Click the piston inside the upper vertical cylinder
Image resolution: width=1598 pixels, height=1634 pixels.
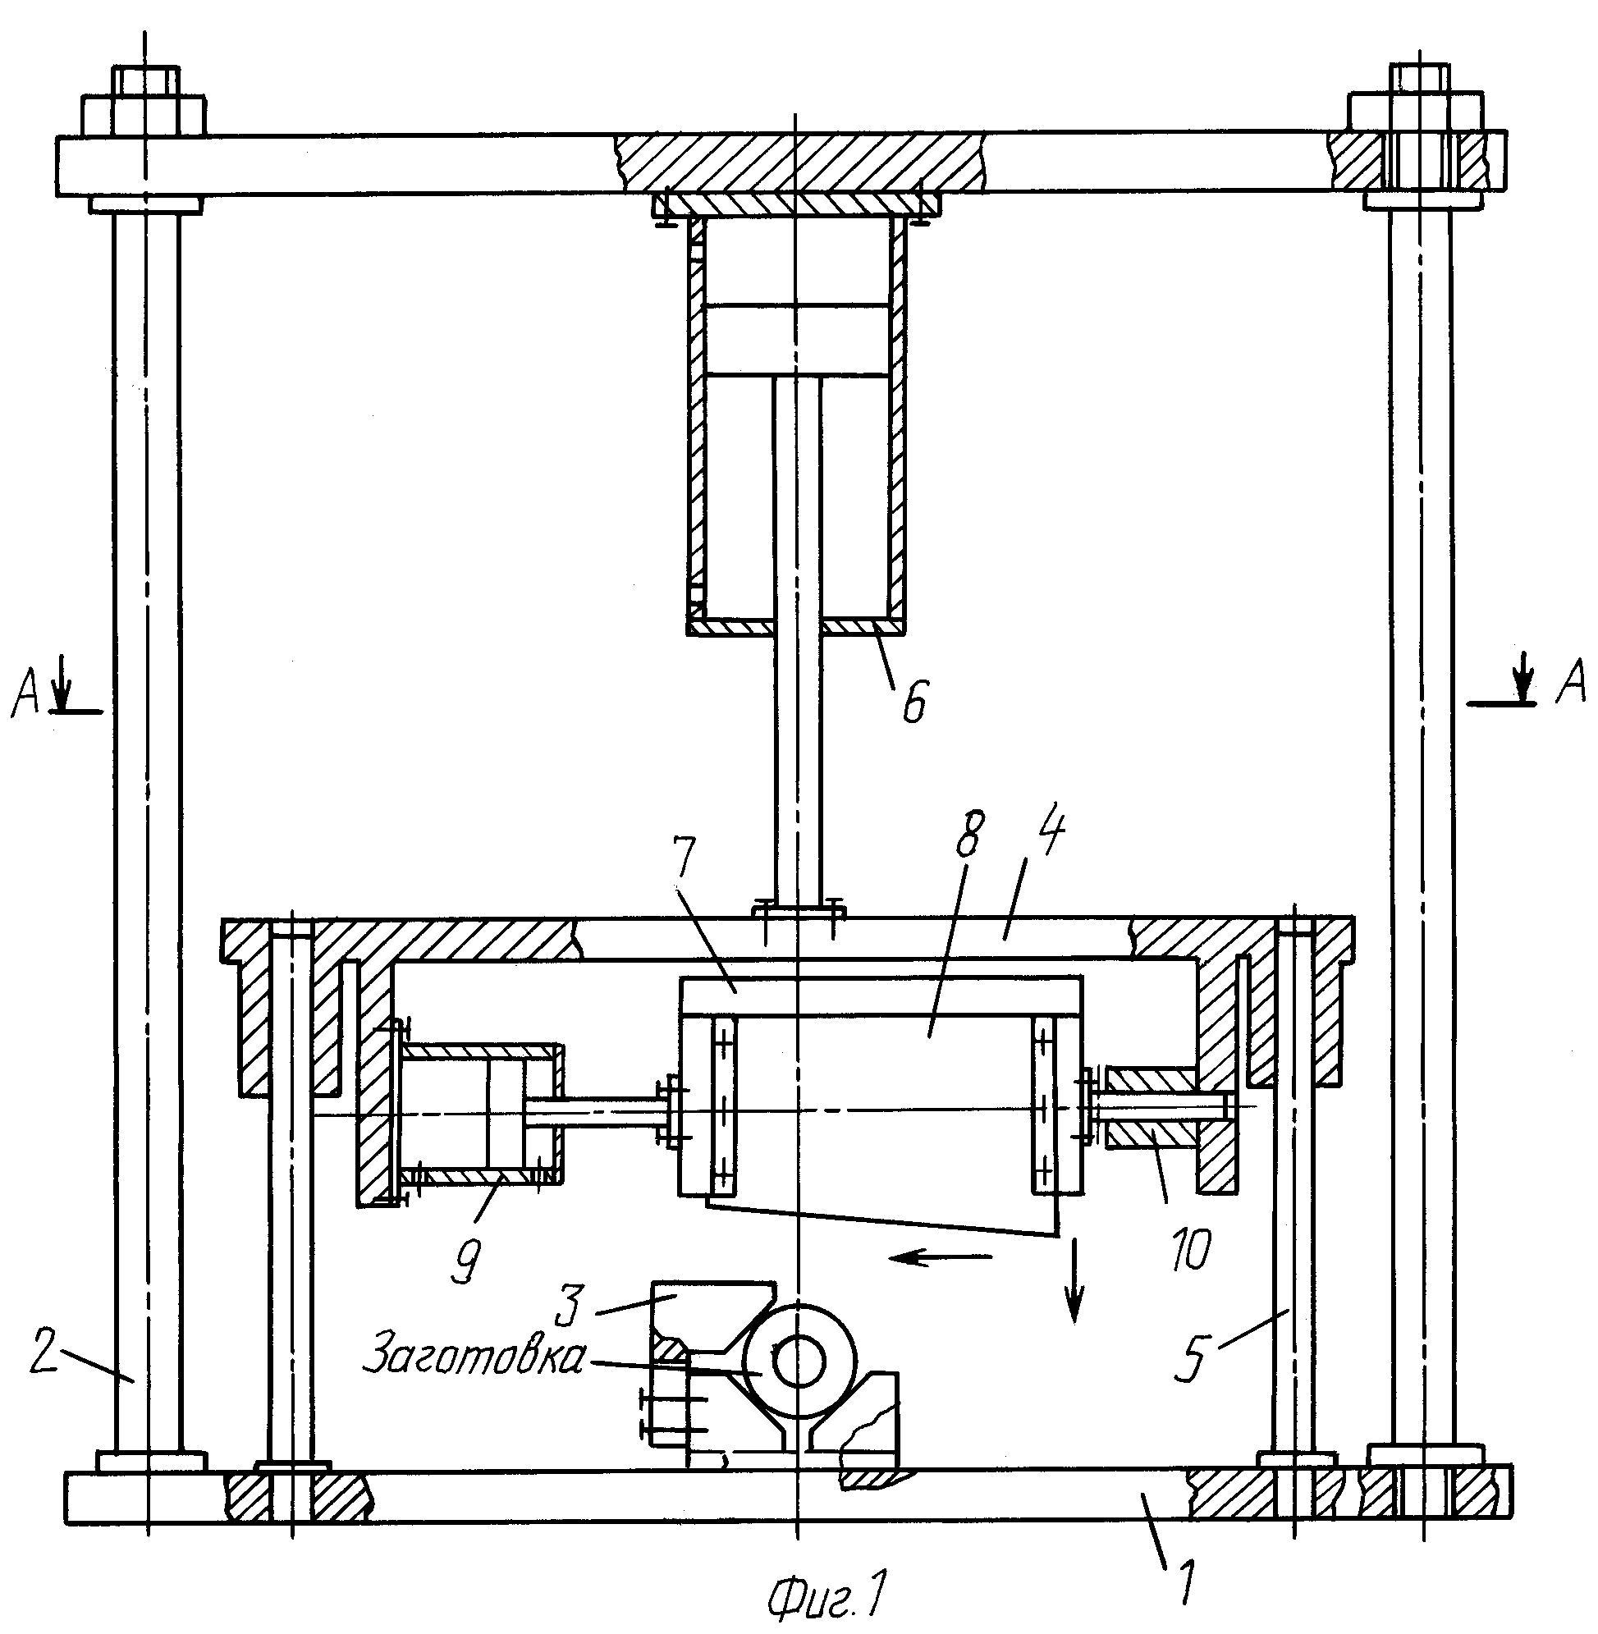tap(797, 339)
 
